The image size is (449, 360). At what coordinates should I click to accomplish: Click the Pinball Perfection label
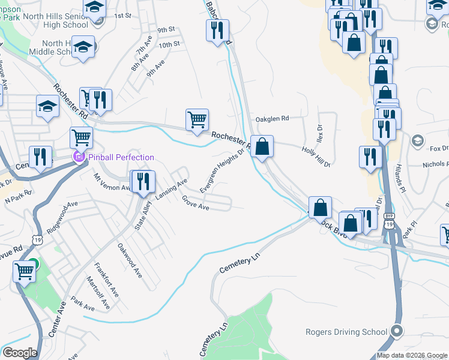pyautogui.click(x=122, y=157)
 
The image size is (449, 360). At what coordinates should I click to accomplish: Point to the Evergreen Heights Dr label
pyautogui.click(x=223, y=170)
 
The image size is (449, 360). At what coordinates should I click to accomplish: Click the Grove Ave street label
pyautogui.click(x=195, y=203)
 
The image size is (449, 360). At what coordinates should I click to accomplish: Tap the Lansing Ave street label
pyautogui.click(x=172, y=189)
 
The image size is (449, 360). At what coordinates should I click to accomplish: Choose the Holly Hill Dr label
pyautogui.click(x=316, y=157)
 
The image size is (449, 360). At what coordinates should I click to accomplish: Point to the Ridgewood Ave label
pyautogui.click(x=64, y=212)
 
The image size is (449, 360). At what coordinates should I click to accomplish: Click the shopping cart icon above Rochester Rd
pyautogui.click(x=197, y=119)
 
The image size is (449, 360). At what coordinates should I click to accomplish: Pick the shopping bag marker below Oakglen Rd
pyautogui.click(x=262, y=146)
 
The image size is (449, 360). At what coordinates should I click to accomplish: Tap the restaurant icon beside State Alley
pyautogui.click(x=143, y=181)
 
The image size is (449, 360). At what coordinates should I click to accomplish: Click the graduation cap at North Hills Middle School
pyautogui.click(x=83, y=46)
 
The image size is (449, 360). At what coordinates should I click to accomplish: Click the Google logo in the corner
pyautogui.click(x=19, y=353)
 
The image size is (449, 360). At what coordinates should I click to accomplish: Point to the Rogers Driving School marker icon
pyautogui.click(x=396, y=331)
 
